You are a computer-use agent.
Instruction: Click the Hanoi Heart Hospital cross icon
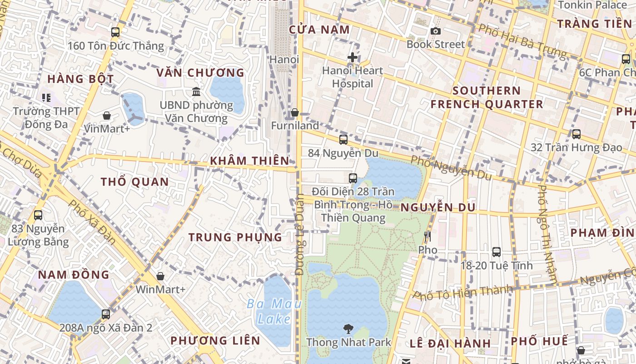coord(353,57)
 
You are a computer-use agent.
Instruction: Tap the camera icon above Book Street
coord(436,31)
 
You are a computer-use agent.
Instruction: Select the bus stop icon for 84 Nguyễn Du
coord(343,139)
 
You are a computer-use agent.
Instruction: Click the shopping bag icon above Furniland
coord(295,112)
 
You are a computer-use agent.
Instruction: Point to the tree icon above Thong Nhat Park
coord(348,329)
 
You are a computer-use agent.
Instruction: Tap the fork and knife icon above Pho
coord(427,237)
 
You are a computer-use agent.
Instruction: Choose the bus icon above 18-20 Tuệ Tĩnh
coord(497,252)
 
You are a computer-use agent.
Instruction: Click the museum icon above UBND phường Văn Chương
coord(196,92)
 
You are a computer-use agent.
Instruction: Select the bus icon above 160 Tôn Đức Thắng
coord(115,32)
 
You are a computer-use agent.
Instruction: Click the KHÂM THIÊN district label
coord(249,161)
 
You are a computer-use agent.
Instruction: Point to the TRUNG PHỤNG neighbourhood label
coord(235,237)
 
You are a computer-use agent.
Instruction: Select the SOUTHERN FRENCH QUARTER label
coord(487,97)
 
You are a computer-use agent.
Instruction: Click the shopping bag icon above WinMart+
coord(160,276)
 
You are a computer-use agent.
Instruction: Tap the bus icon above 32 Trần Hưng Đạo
coord(576,134)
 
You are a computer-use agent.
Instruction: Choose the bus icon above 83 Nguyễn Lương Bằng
coord(38,215)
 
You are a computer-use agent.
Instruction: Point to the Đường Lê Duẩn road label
coord(299,234)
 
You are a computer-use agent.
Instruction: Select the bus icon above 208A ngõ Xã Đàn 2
coord(106,314)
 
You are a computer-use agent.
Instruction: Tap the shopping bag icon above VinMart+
coord(107,116)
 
